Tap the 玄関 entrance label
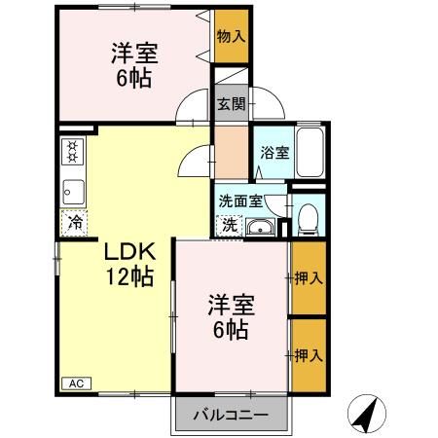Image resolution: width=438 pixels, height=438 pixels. point(231,103)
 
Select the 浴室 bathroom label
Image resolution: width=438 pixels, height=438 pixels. point(274,153)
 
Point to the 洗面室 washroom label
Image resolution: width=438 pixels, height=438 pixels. point(240,201)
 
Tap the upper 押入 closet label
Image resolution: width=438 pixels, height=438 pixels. point(309,277)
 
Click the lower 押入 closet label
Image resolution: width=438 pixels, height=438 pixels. point(309,355)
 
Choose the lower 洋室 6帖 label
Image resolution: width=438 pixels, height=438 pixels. point(231,316)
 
